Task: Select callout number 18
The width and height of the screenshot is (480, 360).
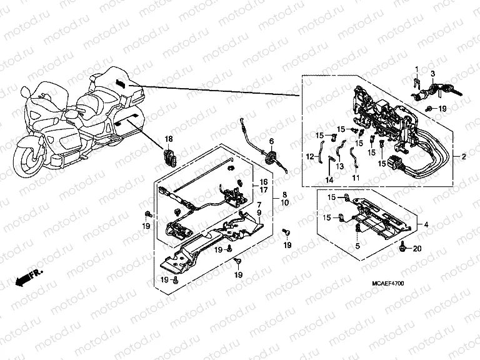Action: tap(168, 138)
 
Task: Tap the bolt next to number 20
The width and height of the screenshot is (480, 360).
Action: tap(404, 248)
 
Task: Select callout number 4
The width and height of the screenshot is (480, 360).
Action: tap(426, 224)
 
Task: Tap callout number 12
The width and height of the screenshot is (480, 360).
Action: tap(309, 156)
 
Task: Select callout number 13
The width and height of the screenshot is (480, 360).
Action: tap(340, 167)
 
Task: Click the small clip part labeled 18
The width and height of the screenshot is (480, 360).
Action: tap(168, 157)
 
